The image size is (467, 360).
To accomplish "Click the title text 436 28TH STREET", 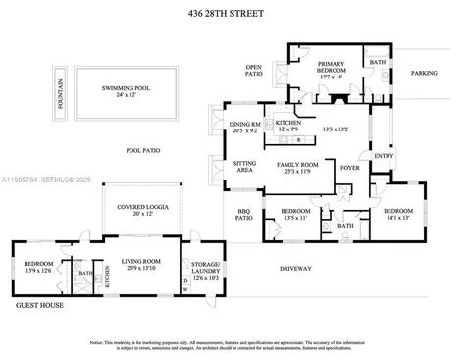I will [233, 14].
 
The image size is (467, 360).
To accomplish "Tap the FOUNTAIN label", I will [60, 92].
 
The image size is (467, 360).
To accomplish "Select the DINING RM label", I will [244, 126].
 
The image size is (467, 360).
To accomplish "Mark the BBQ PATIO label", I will [244, 215].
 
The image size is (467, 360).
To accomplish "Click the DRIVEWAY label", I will [295, 268].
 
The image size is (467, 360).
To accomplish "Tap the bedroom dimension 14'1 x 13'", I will [398, 218].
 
